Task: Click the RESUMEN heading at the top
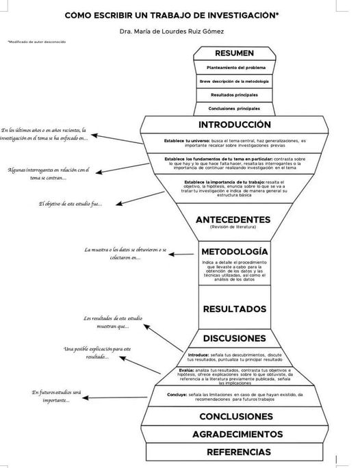(234, 53)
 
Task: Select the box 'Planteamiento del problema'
(234, 68)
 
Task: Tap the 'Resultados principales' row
(234, 94)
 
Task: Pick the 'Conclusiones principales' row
(234, 108)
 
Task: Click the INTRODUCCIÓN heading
(234, 125)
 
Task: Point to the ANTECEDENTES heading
(232, 219)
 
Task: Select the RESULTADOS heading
(235, 309)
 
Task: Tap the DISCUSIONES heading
(234, 338)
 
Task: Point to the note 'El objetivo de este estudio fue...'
(70, 203)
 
